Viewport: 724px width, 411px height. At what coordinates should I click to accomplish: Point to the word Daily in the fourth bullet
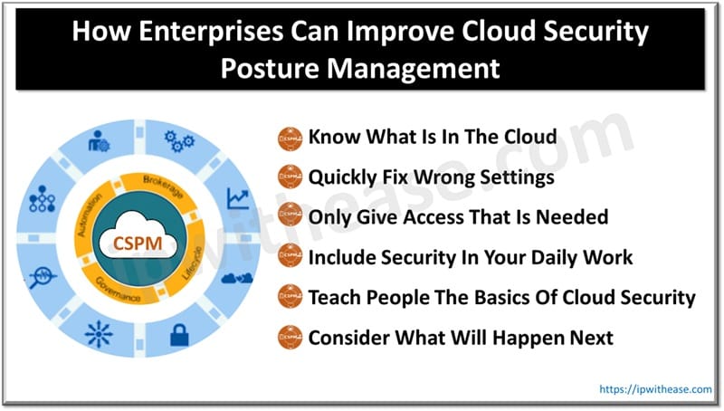pos(544,258)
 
